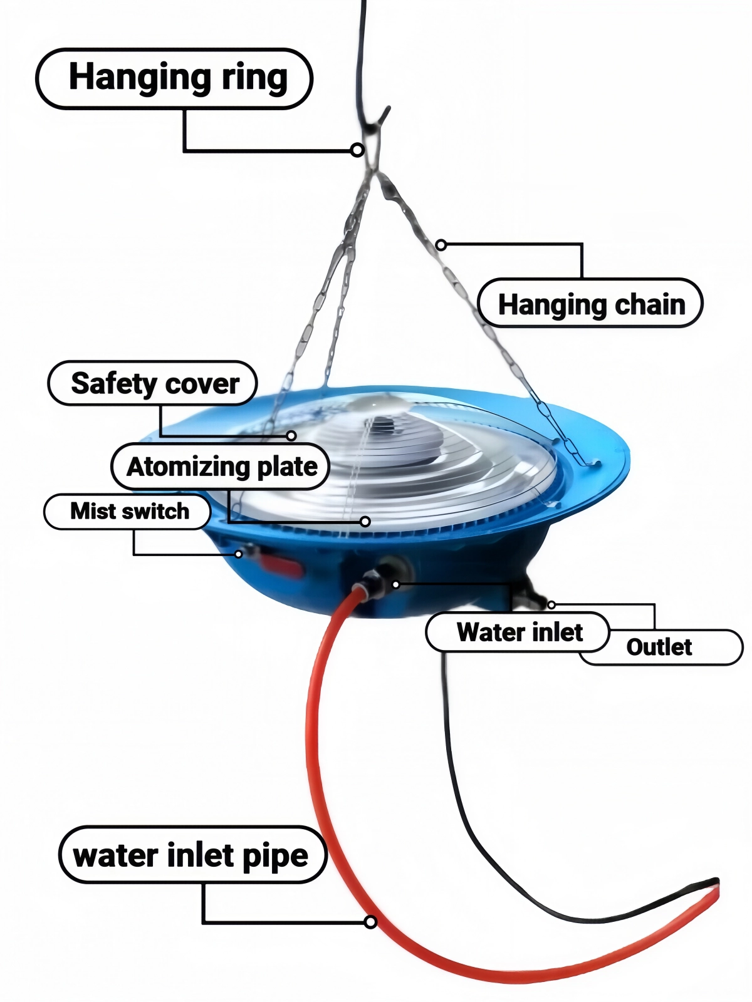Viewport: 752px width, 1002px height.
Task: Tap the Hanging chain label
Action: [x=590, y=304]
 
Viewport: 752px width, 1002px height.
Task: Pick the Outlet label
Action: [x=659, y=647]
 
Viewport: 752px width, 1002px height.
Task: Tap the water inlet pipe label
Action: [x=192, y=855]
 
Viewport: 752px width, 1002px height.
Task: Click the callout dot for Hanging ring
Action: [x=357, y=150]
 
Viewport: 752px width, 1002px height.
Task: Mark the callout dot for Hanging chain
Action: [x=441, y=245]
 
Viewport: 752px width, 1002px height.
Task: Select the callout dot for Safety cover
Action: [x=291, y=435]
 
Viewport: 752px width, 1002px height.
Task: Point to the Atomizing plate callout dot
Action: [x=365, y=521]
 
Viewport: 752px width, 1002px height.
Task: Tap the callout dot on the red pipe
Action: [x=371, y=922]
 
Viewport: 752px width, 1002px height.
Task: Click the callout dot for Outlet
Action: [x=551, y=605]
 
